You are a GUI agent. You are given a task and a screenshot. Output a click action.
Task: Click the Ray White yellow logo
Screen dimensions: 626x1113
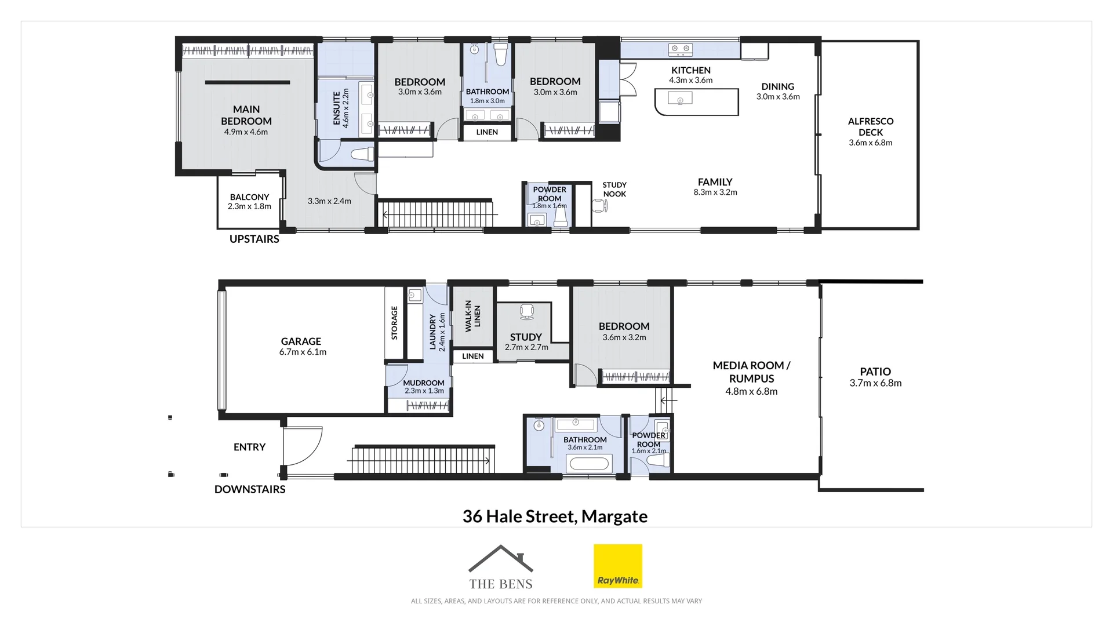coord(617,566)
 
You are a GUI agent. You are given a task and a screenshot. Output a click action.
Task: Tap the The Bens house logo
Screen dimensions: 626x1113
coord(500,567)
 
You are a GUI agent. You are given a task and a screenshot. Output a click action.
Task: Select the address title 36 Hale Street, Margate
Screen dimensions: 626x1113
coord(555,516)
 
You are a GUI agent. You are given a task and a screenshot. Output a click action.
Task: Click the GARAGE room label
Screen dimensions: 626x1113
coord(301,341)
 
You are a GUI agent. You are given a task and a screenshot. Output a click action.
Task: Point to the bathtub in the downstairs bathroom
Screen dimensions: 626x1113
coord(588,464)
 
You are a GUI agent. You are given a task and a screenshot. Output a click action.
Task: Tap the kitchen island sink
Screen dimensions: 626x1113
coord(680,101)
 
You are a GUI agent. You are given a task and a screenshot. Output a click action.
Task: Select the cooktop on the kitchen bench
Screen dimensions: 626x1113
coord(681,49)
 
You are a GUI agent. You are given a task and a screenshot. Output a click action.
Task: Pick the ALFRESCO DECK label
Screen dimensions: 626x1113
coord(871,126)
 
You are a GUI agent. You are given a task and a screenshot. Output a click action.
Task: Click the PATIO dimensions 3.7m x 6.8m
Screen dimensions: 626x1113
coord(875,383)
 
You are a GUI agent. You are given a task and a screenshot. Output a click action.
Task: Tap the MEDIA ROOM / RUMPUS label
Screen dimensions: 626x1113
coord(751,372)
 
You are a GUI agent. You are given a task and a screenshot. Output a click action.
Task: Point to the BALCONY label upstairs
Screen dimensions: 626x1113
coord(249,197)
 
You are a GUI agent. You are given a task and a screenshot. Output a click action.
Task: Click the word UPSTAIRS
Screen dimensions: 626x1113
coord(254,239)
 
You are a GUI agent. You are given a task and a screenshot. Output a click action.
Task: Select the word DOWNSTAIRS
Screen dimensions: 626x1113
coord(250,489)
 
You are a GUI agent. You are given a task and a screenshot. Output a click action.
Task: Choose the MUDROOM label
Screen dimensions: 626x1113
coord(424,383)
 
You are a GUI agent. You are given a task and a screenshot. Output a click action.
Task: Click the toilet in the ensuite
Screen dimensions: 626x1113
coord(363,154)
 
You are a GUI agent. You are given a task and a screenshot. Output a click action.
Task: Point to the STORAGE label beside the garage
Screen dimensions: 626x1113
coord(394,322)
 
